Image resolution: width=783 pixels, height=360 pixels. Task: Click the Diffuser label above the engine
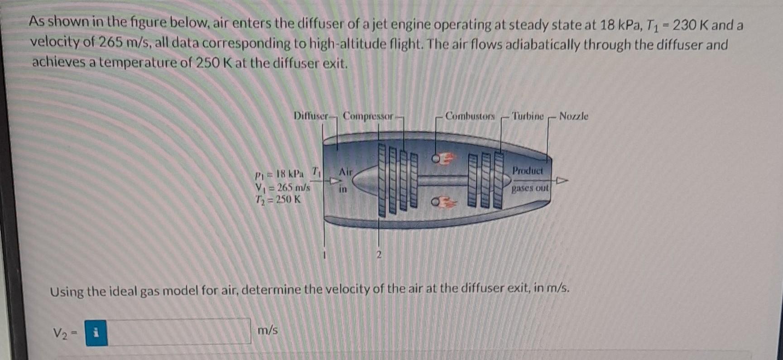310,116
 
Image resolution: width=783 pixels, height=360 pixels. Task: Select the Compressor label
368,116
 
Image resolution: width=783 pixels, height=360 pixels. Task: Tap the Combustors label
470,116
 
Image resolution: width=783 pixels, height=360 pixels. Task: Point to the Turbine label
528,116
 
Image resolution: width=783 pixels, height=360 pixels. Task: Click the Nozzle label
573,116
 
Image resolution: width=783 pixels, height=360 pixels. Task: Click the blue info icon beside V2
96,333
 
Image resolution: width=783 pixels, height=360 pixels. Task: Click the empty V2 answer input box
179,332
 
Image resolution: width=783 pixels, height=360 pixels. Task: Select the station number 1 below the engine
324,255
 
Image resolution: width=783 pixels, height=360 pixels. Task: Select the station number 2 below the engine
379,255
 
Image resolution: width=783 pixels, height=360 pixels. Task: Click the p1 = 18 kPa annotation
279,174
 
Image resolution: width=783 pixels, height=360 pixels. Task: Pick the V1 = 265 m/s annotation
283,187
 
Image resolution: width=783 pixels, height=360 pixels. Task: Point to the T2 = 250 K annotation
278,199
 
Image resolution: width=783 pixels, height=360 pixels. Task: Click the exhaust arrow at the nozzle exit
561,181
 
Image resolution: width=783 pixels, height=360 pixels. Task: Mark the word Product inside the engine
527,171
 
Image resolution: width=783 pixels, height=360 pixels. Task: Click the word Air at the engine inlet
346,172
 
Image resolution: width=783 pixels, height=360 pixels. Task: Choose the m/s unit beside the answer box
268,330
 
